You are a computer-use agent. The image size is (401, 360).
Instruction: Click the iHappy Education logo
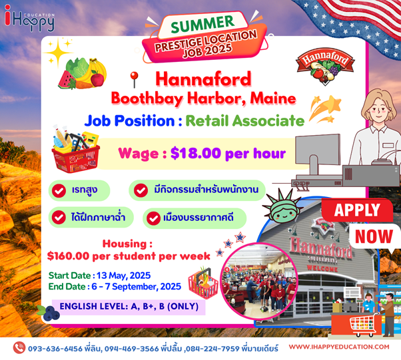tap(29, 18)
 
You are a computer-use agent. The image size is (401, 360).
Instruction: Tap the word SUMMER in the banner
tap(202, 24)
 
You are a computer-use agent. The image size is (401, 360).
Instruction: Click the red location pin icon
tap(134, 79)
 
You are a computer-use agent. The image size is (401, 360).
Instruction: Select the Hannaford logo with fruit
tap(325, 66)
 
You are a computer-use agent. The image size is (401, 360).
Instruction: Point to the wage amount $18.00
tap(196, 153)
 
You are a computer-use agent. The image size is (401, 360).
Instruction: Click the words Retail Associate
tap(244, 120)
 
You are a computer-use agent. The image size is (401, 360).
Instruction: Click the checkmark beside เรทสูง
tap(59, 190)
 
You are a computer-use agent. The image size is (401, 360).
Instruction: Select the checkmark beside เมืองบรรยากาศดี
tap(153, 218)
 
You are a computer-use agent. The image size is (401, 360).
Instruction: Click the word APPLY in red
tap(357, 210)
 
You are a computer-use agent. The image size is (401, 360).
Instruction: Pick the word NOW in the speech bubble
tap(374, 236)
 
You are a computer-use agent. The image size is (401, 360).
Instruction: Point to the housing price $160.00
tap(68, 256)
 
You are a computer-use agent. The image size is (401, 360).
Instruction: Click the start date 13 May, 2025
tap(123, 275)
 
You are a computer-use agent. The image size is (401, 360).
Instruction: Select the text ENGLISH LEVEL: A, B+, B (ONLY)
tap(129, 306)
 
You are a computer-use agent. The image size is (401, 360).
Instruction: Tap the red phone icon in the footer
tap(19, 347)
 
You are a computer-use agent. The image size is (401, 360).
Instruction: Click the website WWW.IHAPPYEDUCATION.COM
tap(339, 347)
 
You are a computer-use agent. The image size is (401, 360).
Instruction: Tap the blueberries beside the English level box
tap(49, 313)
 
